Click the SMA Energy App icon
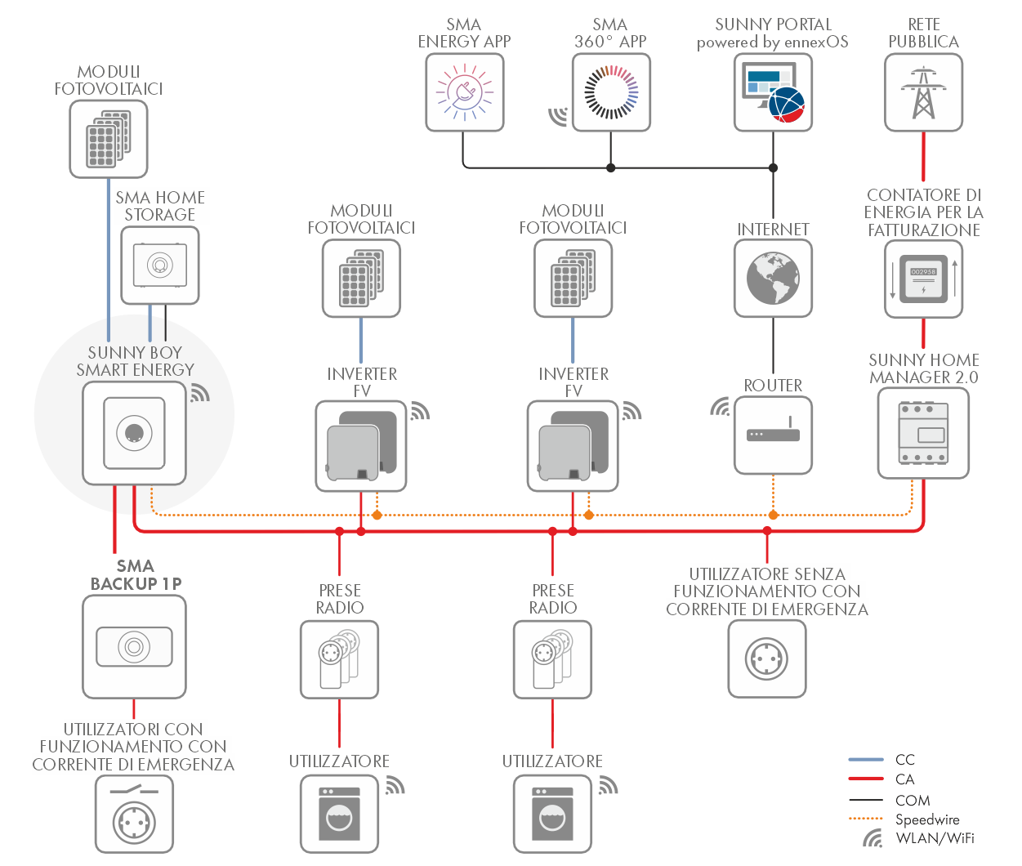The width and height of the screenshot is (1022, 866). point(464,92)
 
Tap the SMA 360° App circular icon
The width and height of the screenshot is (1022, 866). point(611,92)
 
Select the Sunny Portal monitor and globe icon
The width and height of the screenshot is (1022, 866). point(773,92)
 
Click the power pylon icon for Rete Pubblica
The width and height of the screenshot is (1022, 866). point(923,92)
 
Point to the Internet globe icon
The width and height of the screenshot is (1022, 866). point(773,278)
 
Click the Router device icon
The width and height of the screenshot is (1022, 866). point(773,435)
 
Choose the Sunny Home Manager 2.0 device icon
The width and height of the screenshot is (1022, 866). point(923,433)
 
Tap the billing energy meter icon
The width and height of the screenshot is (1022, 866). point(923,279)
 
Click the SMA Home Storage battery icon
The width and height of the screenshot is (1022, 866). point(160,266)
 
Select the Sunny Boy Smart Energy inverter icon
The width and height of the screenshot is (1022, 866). point(134,433)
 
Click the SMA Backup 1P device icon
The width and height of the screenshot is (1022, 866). point(134,647)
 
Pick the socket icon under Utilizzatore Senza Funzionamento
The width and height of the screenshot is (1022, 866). point(766,658)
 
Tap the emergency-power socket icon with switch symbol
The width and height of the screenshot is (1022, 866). point(134,815)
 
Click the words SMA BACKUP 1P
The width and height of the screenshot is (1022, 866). point(136,575)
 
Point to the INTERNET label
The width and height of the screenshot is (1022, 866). point(773,230)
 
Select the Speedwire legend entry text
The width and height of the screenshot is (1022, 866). point(927,819)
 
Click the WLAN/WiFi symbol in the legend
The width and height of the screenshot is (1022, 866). point(873,838)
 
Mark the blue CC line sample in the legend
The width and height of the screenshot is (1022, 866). point(866,760)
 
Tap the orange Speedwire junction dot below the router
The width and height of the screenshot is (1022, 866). point(773,515)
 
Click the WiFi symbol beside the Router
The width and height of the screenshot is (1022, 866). point(720,406)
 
